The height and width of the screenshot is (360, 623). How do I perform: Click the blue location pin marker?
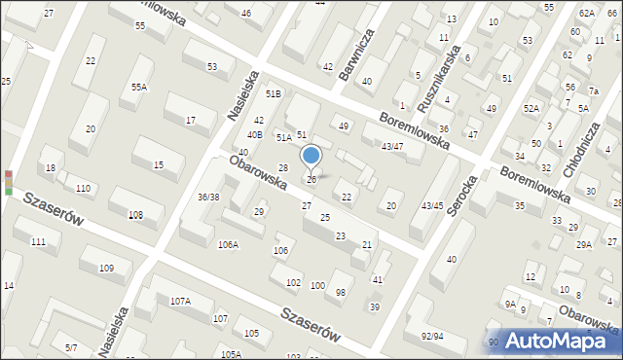(311, 156)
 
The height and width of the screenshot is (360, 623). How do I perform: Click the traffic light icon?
(9, 182)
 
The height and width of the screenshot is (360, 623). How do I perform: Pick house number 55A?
(140, 87)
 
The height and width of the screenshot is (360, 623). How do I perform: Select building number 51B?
(274, 93)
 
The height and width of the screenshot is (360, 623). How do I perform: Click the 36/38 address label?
(209, 197)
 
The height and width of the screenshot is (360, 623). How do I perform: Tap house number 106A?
(228, 244)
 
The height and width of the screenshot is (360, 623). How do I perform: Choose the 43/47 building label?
(391, 146)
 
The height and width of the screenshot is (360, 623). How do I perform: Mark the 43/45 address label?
(432, 205)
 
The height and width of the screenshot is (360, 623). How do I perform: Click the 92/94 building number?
(433, 337)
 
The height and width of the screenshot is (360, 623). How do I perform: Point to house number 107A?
(180, 302)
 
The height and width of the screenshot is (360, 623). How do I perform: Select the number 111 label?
(38, 241)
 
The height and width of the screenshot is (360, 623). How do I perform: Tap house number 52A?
(531, 108)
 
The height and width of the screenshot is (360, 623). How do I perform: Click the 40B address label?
(255, 134)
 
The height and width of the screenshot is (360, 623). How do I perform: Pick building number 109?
(107, 268)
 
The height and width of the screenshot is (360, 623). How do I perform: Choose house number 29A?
(583, 244)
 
